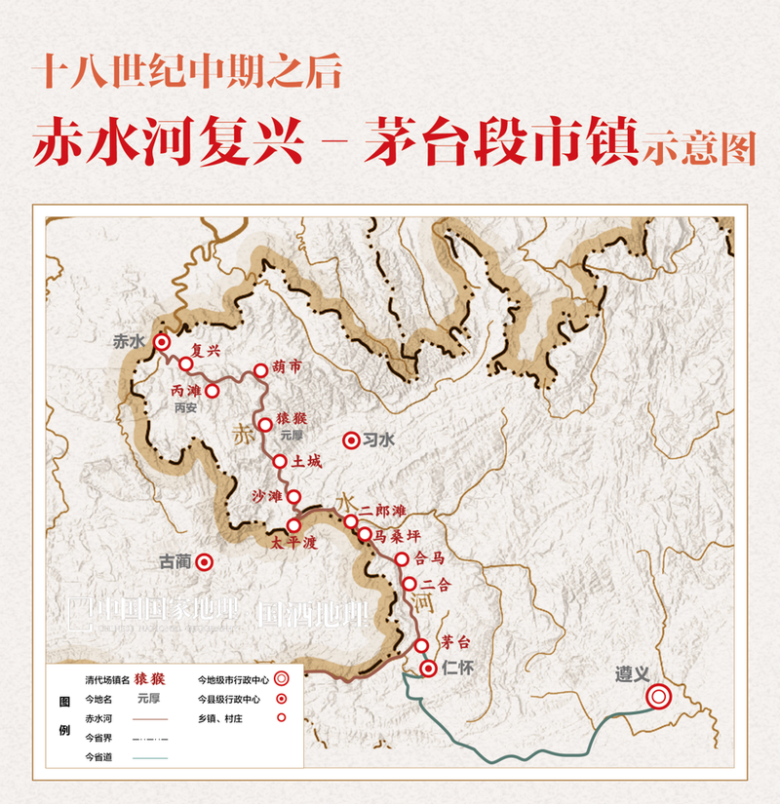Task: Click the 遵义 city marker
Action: point(659,696)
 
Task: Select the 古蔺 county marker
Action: point(204,561)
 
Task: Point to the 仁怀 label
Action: point(456,669)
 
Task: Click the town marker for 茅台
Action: point(421,646)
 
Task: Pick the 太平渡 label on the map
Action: point(295,544)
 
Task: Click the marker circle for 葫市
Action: point(260,370)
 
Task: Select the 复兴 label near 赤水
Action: point(207,351)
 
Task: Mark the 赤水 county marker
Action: point(161,342)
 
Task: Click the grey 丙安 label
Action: point(185,408)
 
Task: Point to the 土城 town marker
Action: point(281,461)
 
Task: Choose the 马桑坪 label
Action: point(396,534)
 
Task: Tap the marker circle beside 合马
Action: point(401,558)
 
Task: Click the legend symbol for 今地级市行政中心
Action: point(281,678)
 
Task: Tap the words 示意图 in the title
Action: point(698,147)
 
